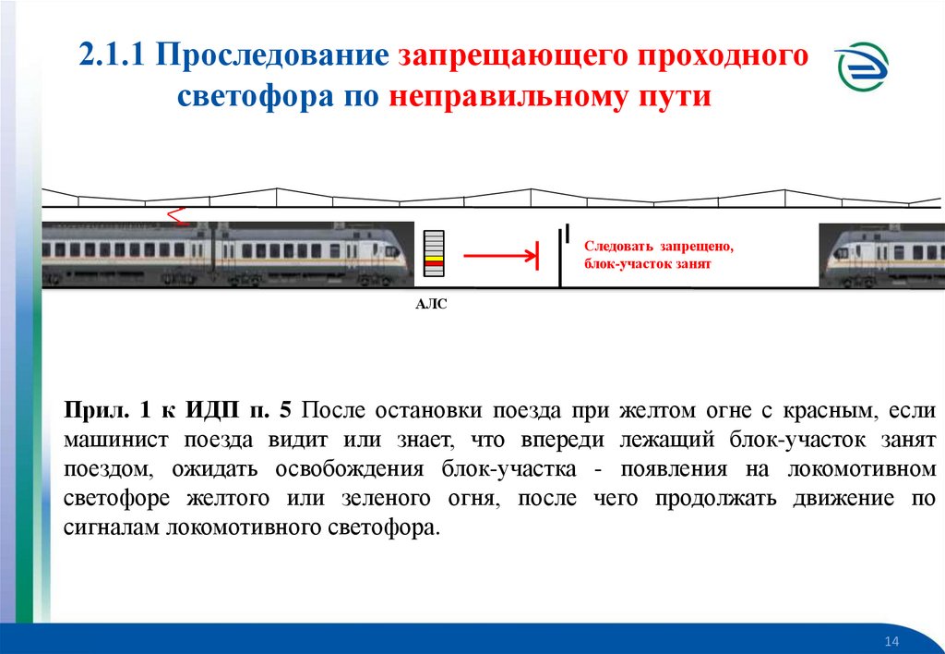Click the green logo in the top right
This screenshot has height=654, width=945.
864,70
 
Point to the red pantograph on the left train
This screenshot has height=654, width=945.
176,216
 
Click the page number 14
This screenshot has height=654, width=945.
891,642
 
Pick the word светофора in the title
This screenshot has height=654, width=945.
239,96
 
